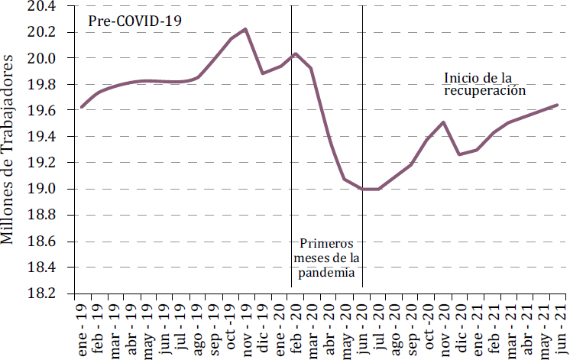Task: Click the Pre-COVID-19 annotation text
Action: pos(135,21)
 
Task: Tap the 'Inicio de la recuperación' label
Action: pos(485,83)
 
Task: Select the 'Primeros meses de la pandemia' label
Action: pos(327,258)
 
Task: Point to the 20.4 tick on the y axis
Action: pos(41,6)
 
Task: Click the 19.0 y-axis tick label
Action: pos(41,190)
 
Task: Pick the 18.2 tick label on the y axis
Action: pos(41,294)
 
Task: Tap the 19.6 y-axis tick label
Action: pos(41,111)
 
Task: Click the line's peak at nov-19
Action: pos(245,29)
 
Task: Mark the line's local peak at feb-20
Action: pos(295,54)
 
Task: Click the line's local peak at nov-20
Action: pos(444,122)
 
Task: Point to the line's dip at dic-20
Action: pos(459,154)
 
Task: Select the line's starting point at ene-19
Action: pos(82,107)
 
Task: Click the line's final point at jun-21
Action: pos(557,105)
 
